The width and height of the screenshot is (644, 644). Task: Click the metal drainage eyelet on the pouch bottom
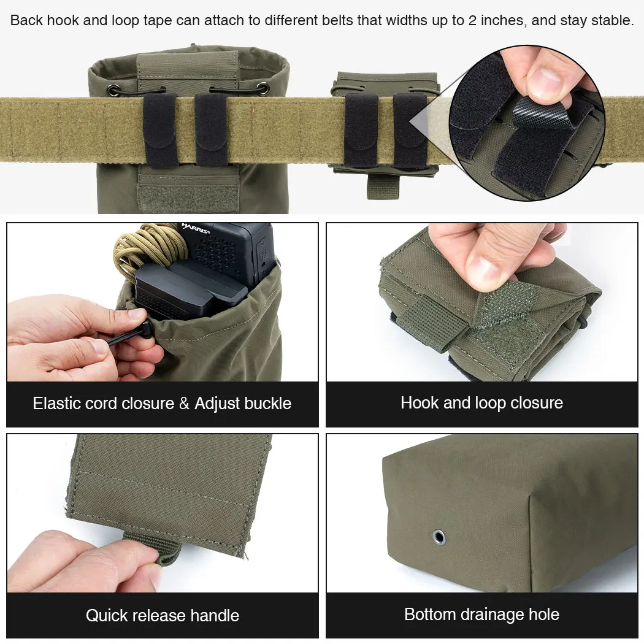tap(439, 537)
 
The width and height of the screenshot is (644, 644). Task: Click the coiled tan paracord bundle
tap(147, 250)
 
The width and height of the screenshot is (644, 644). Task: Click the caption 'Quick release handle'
tap(163, 615)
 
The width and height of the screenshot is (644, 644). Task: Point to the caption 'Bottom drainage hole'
tap(481, 615)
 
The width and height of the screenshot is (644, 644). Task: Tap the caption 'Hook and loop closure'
tap(481, 403)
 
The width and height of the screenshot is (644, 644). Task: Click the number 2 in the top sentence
tap(472, 20)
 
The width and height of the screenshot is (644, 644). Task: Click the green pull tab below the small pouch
tap(383, 186)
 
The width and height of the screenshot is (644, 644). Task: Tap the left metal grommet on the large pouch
tap(113, 90)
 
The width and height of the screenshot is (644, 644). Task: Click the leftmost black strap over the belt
tap(160, 131)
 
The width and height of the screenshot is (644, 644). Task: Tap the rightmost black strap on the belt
tap(410, 131)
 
